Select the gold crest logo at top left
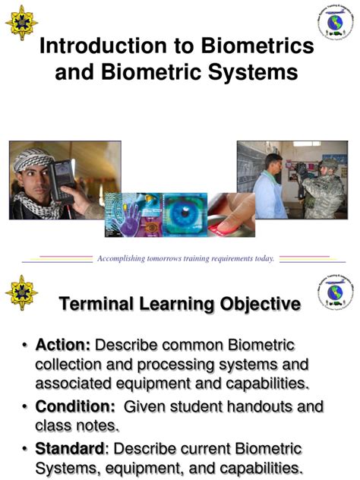tap(21, 23)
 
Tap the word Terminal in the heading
tap(99, 305)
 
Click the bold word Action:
tap(63, 346)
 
